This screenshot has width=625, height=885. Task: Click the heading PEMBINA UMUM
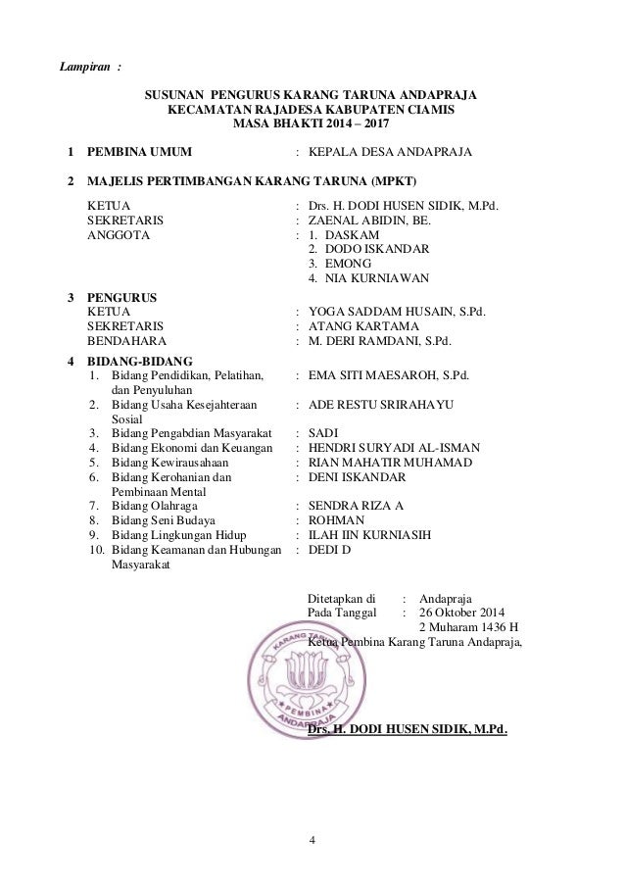pyautogui.click(x=139, y=153)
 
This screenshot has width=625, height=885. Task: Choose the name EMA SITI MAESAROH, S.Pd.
pyautogui.click(x=388, y=373)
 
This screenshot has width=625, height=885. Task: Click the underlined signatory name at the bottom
pyautogui.click(x=408, y=728)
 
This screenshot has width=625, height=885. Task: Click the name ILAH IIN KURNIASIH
pyautogui.click(x=368, y=535)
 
